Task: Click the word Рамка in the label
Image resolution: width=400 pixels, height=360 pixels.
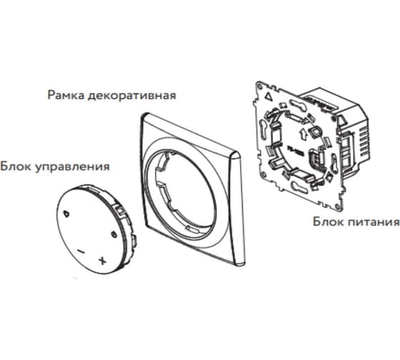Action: tap(66, 96)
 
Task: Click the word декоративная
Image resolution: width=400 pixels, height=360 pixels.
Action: tap(131, 96)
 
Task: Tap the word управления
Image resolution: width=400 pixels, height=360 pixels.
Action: tap(72, 167)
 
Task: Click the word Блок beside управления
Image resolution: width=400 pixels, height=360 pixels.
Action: tap(16, 166)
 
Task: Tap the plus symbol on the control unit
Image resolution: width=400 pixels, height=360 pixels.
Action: tap(102, 261)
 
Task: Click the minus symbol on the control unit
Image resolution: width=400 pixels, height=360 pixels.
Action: tap(81, 252)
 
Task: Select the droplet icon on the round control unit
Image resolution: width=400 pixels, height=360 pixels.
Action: tap(66, 214)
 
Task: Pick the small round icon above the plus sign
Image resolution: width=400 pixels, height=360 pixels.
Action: tap(114, 234)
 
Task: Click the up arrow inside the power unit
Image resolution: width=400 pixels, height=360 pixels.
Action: tap(304, 134)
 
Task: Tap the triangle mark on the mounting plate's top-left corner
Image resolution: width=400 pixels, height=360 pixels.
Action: tap(269, 96)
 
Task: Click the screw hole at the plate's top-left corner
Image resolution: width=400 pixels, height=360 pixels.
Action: tap(260, 86)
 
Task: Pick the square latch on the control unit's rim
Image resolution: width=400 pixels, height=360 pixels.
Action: tap(120, 211)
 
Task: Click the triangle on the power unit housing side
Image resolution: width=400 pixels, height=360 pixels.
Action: tap(341, 121)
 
